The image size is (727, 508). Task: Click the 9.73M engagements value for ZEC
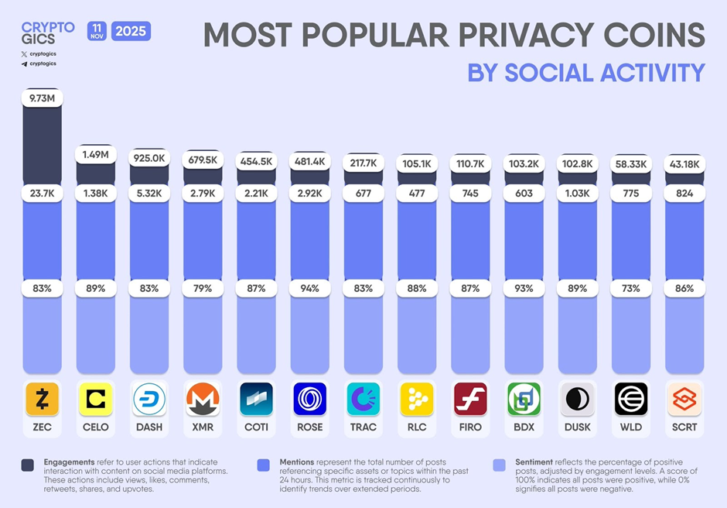[x=42, y=98]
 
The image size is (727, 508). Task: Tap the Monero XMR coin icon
[x=203, y=399]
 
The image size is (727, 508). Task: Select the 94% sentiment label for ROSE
[x=309, y=288]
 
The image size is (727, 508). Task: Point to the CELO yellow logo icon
[x=95, y=399]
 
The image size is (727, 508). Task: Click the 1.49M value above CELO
[x=95, y=155]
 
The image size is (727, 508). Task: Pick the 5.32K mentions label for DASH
[x=148, y=193]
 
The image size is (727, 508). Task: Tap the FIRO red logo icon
[x=470, y=399]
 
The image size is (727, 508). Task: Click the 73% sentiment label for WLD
[x=631, y=288]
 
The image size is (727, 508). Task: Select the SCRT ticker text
[x=684, y=427]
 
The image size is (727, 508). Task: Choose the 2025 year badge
[x=131, y=32]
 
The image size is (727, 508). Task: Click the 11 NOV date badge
[x=97, y=31]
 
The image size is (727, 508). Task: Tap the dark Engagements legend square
[x=28, y=465]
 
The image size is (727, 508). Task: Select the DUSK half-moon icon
[x=577, y=399]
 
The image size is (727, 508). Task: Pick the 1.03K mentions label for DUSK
[x=577, y=193]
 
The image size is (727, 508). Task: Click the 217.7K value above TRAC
[x=363, y=163]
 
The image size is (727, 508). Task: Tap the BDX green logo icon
[x=524, y=399]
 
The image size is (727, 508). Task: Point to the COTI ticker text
[x=256, y=427]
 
